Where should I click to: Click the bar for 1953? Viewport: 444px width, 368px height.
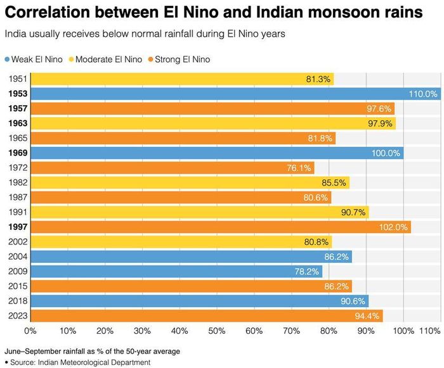click(235, 94)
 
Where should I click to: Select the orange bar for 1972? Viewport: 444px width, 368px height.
click(173, 168)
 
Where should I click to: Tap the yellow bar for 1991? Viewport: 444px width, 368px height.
click(200, 212)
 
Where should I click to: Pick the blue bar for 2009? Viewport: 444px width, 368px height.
click(176, 271)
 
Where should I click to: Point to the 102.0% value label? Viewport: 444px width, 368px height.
click(393, 227)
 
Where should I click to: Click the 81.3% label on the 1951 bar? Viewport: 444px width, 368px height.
click(318, 79)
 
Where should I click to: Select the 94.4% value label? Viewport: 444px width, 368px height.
click(367, 315)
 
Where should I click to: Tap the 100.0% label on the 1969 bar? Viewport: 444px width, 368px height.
click(386, 153)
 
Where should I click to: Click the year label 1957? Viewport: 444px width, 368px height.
click(18, 108)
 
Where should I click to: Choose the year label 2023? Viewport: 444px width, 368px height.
click(18, 315)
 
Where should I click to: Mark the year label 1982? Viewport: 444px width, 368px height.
click(18, 182)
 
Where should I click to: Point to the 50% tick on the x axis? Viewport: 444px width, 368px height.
click(217, 331)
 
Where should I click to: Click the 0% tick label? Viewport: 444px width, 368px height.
click(30, 331)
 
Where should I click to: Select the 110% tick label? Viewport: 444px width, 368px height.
click(430, 331)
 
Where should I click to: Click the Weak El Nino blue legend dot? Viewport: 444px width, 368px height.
click(7, 60)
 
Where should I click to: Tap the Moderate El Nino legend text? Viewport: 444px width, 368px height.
click(108, 60)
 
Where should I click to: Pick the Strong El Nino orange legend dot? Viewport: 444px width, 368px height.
click(151, 60)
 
